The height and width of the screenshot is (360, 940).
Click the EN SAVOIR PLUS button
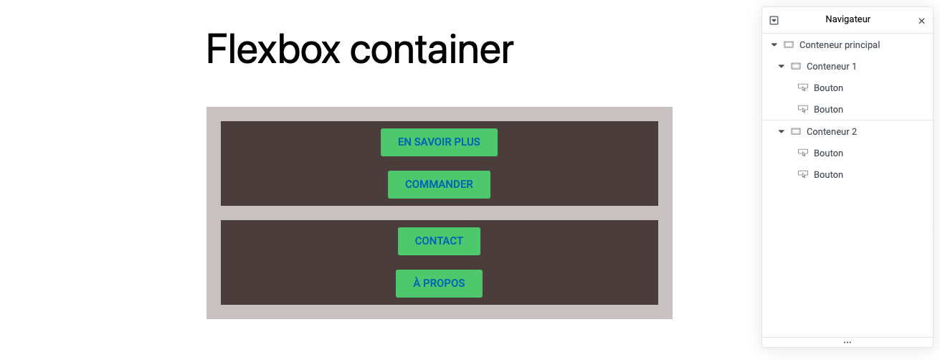tap(439, 142)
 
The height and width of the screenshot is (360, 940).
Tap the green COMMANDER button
tap(439, 184)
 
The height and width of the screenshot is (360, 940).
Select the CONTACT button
tap(439, 241)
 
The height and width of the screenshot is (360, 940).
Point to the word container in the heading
tap(432, 49)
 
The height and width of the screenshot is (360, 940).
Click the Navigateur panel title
tap(848, 19)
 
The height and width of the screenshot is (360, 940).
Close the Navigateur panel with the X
tap(921, 21)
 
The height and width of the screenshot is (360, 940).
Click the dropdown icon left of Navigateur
tap(774, 21)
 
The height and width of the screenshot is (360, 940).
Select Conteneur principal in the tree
tap(839, 44)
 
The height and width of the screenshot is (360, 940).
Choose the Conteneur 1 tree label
tap(831, 66)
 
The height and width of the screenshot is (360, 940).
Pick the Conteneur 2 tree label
tap(831, 131)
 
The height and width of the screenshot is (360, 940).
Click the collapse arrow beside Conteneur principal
tap(774, 44)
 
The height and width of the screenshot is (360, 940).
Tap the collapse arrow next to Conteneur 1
tap(782, 66)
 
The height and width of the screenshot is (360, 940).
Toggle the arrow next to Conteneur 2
tap(782, 131)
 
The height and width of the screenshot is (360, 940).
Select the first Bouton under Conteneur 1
tap(828, 87)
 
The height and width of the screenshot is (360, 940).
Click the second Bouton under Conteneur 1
tap(828, 109)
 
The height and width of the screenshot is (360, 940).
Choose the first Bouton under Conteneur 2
tap(828, 153)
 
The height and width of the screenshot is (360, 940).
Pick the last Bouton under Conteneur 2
tap(828, 174)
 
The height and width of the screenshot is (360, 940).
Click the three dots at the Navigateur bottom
tap(847, 342)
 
